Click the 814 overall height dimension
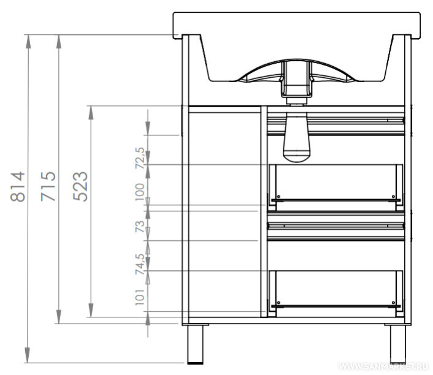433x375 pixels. [x=18, y=186]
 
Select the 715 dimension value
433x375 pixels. [x=48, y=186]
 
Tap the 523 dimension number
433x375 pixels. [x=80, y=186]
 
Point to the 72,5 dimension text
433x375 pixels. [x=140, y=158]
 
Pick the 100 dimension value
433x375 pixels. [x=140, y=192]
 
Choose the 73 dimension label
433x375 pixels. [x=140, y=226]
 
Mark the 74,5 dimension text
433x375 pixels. [x=140, y=264]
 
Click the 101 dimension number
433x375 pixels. [x=140, y=297]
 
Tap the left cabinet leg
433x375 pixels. [x=195, y=344]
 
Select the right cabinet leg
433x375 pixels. [x=398, y=344]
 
